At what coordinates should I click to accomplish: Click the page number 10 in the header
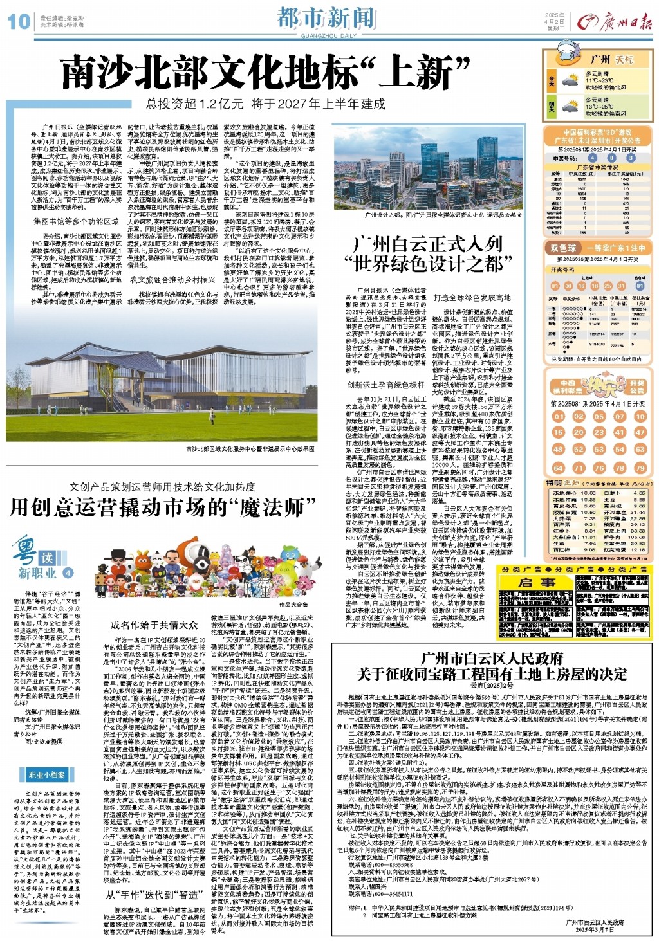[19, 21]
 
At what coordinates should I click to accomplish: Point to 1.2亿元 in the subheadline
[222, 104]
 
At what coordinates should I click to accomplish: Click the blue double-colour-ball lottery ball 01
[640, 286]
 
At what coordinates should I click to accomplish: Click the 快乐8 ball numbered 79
[640, 468]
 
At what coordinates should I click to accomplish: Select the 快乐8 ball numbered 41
[619, 433]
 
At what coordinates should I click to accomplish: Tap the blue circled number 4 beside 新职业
[68, 572]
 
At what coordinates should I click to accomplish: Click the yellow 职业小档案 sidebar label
[46, 775]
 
